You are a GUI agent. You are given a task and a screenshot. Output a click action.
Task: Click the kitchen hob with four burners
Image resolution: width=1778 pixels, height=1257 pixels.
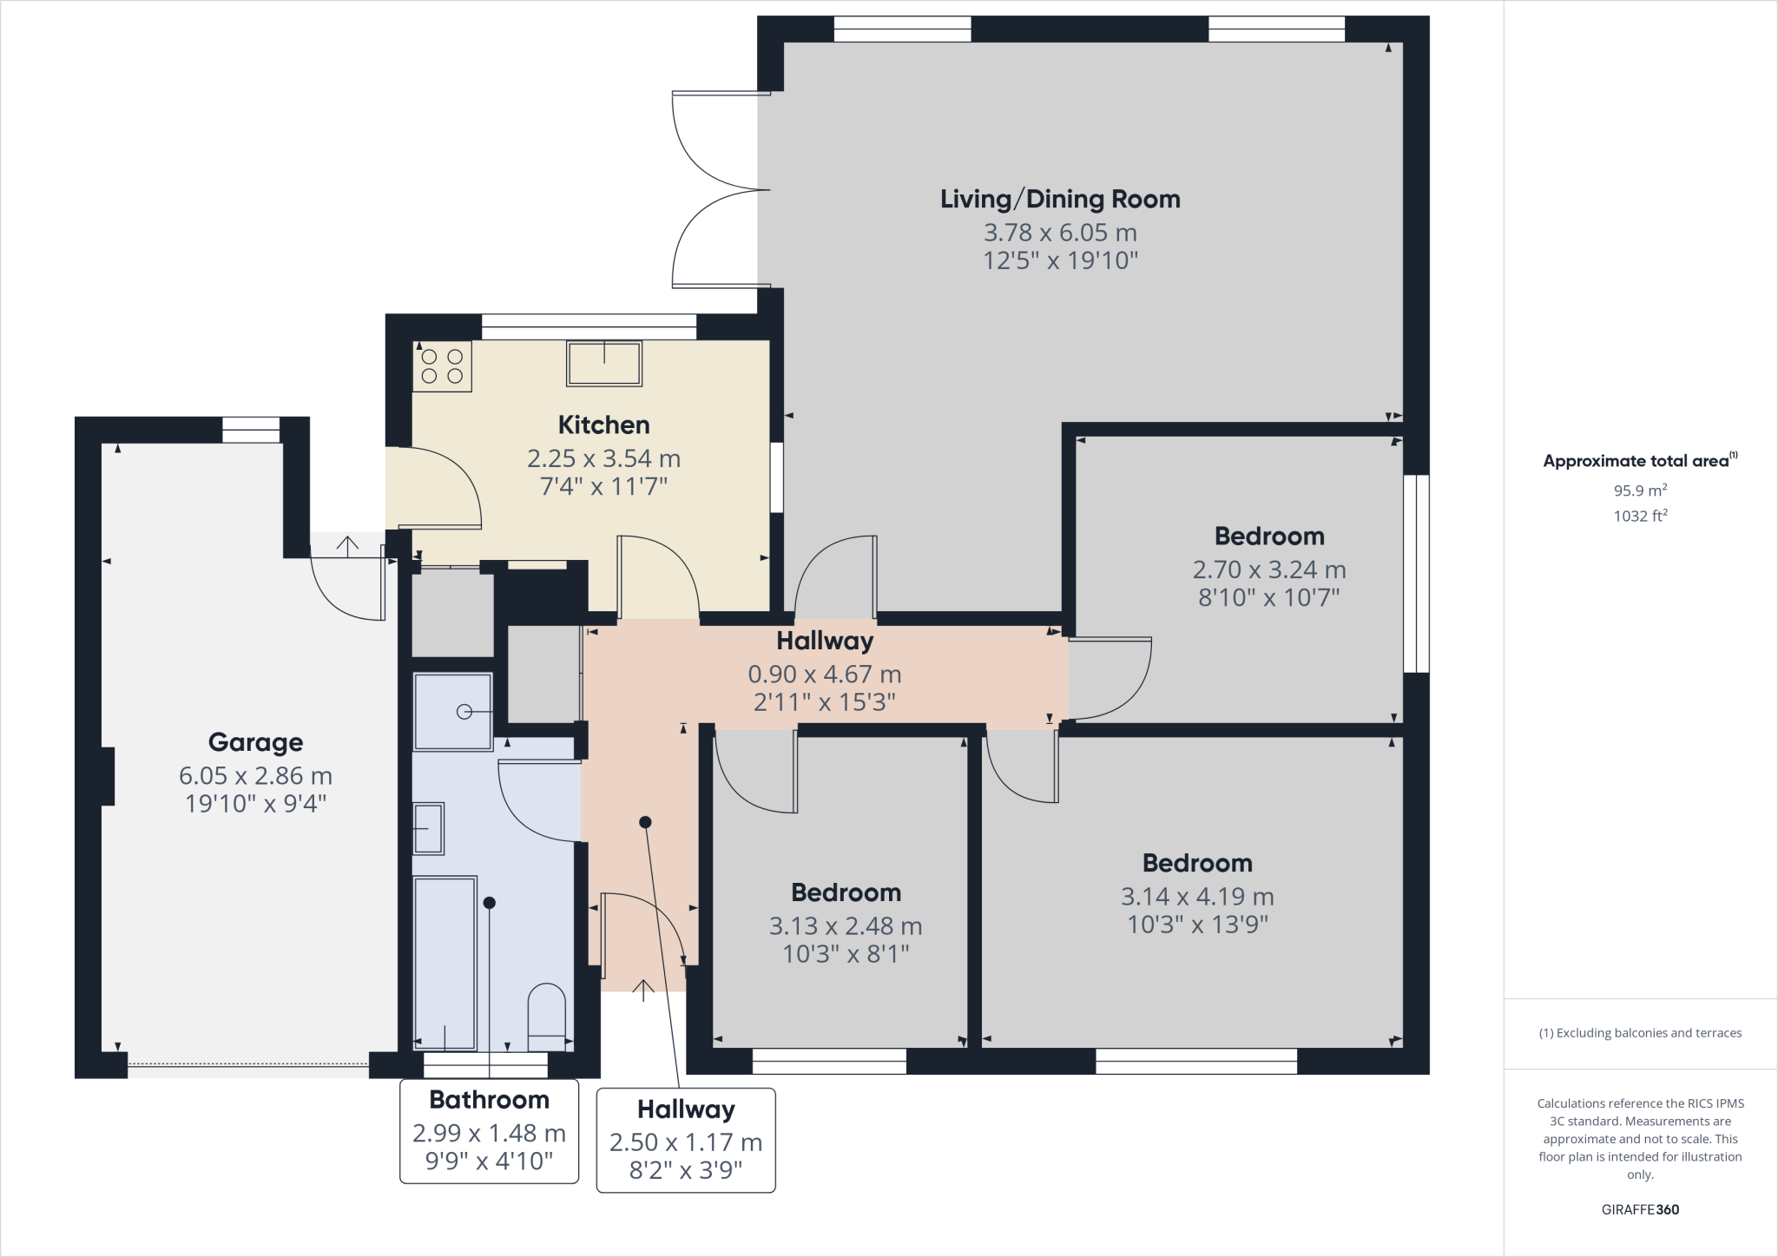pos(442,365)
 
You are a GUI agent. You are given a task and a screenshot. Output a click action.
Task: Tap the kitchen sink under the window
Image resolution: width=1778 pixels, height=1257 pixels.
pos(604,363)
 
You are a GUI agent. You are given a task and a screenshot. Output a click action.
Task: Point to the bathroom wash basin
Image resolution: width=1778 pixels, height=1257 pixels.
pos(428,828)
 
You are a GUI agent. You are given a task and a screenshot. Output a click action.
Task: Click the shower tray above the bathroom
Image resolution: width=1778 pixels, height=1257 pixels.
pos(452,712)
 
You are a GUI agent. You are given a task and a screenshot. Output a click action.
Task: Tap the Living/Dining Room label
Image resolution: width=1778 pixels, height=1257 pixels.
pos(1060,199)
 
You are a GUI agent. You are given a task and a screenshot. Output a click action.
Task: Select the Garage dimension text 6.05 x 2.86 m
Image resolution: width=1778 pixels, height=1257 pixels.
pos(255,775)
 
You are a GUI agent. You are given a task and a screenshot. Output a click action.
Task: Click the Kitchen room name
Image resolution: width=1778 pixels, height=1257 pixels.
pos(603,424)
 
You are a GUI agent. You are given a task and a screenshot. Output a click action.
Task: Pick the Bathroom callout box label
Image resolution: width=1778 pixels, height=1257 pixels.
pos(489,1100)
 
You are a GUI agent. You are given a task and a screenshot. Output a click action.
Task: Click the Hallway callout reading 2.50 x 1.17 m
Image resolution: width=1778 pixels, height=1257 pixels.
pos(686,1142)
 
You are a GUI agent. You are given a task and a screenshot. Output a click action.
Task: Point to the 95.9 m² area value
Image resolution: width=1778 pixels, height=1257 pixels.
pos(1639,490)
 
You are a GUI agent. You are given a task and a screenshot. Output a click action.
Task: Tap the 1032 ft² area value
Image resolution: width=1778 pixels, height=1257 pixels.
pos(1640,516)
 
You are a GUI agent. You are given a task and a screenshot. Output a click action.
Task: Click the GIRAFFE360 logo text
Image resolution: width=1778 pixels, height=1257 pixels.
pos(1640,1209)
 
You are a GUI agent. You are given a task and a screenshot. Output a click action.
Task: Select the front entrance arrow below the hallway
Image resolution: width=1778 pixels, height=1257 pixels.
pos(643,990)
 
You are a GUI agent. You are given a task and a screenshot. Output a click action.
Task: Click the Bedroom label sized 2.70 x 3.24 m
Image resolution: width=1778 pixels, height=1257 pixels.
pos(1268,536)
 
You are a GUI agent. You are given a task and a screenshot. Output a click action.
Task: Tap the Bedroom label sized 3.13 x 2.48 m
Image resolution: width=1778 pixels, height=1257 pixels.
pos(846,892)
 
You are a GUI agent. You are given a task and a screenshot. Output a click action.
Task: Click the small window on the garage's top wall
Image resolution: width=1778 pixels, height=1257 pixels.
pos(251,430)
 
